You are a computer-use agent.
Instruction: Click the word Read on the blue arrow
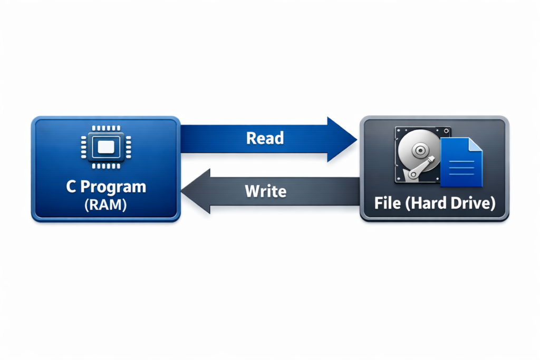[265, 138]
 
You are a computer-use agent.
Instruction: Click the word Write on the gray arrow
[266, 190]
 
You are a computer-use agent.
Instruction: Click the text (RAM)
[105, 205]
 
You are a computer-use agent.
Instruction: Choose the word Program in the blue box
[114, 187]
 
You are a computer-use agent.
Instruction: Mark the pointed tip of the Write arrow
[182, 191]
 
